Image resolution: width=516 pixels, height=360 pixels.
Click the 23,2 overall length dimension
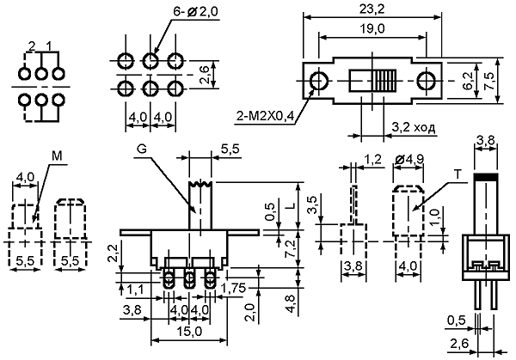tap(372, 9)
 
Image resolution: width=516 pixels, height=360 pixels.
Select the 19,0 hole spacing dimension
tap(372, 29)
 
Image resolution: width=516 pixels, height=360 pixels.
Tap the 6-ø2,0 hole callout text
tap(195, 12)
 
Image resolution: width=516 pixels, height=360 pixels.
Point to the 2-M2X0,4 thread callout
tap(265, 116)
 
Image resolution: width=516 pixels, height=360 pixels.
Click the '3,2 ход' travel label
tap(414, 127)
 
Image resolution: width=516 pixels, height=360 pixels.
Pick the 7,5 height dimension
tap(488, 81)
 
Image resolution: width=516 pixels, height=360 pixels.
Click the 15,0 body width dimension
tap(188, 332)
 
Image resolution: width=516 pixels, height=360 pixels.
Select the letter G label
tap(142, 149)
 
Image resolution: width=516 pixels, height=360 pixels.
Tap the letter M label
tap(57, 156)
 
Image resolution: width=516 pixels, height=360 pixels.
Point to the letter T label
tap(458, 174)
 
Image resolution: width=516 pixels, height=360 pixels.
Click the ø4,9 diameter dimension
tap(409, 159)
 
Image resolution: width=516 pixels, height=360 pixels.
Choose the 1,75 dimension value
tap(233, 289)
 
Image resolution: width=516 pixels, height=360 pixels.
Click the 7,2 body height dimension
tap(292, 249)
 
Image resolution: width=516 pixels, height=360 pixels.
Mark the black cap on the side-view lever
tap(485, 176)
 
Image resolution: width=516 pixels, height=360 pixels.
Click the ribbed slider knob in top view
tap(384, 81)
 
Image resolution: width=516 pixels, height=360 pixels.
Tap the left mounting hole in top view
tap(318, 81)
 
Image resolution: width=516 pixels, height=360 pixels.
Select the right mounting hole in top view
tap(426, 81)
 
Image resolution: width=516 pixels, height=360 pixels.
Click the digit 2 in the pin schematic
tap(32, 46)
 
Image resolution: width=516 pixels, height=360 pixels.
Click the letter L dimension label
tap(292, 206)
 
